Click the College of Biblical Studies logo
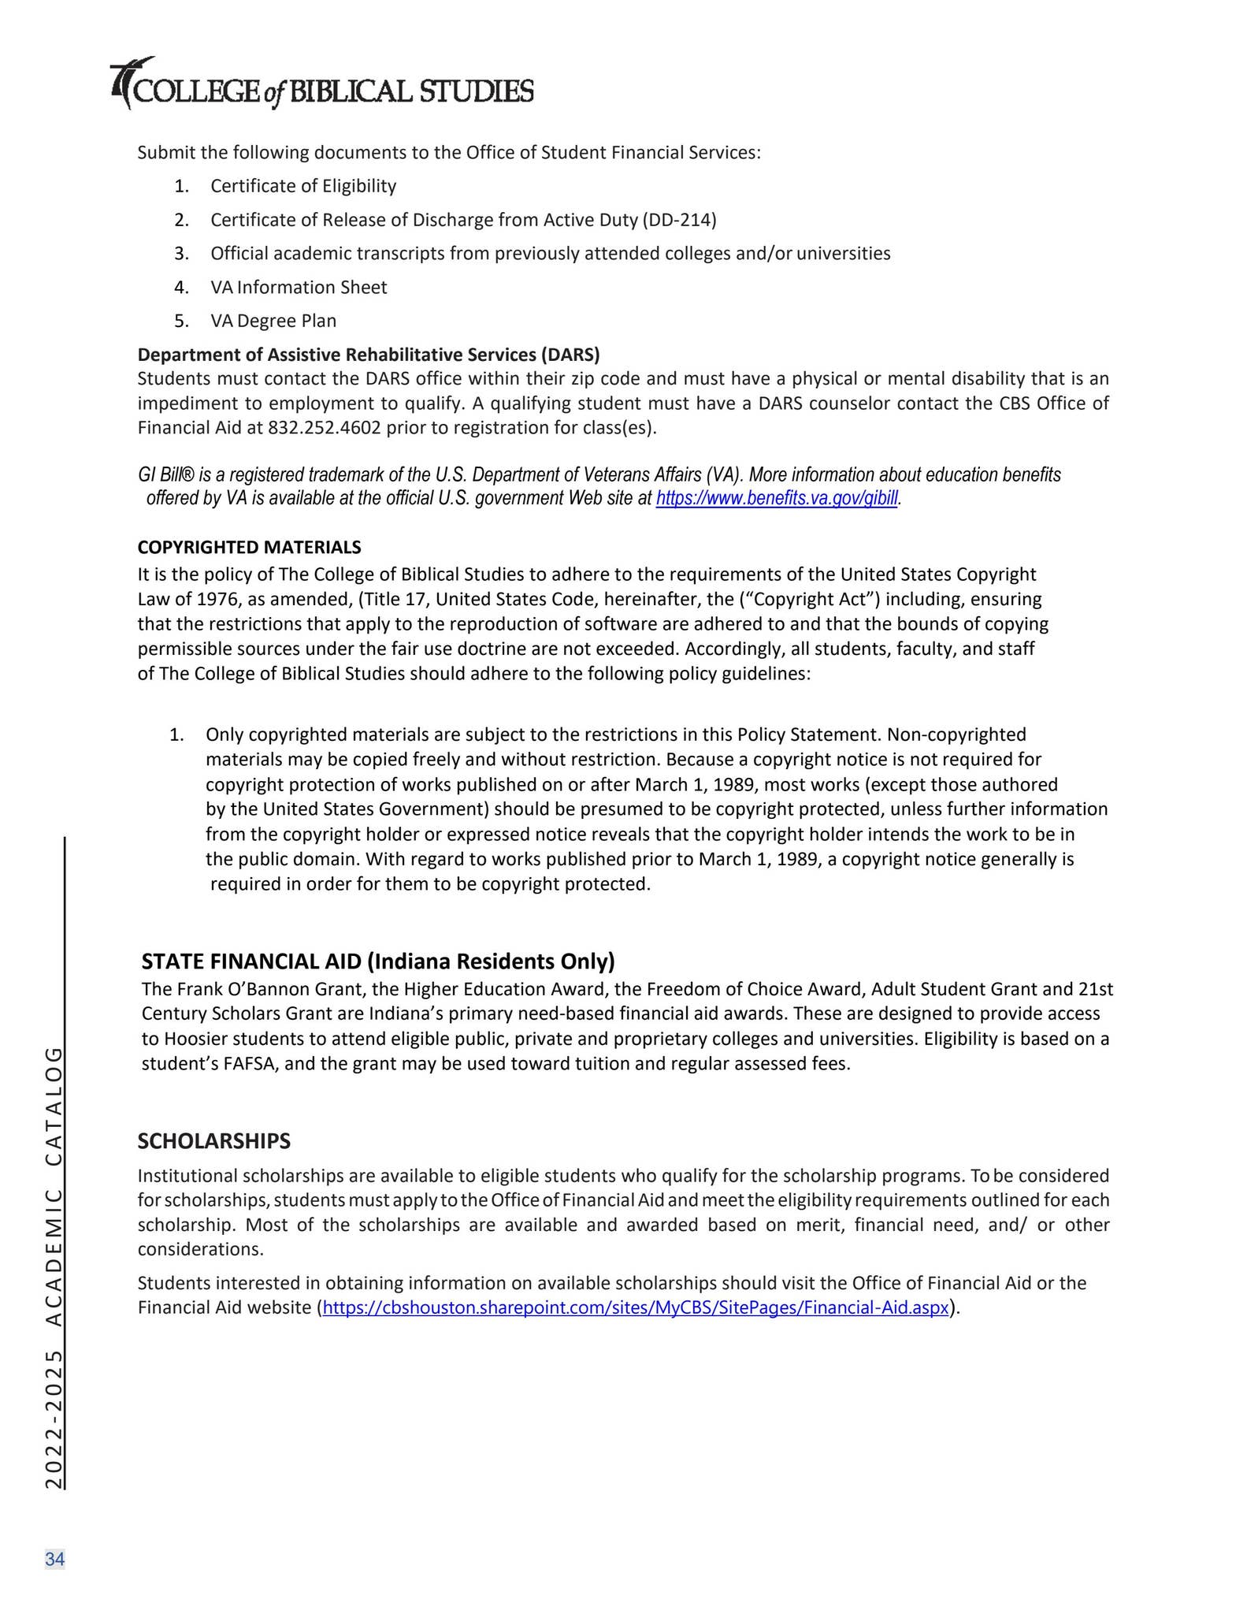coord(321,85)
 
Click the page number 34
coord(54,1559)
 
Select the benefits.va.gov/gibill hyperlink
coord(776,499)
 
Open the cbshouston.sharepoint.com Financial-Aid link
coord(635,1307)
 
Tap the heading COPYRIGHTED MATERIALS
coord(249,547)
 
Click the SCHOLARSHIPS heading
coord(213,1140)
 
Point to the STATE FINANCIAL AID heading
coord(377,961)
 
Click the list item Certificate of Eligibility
coord(302,186)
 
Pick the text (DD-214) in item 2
coord(679,220)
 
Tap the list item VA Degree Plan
coord(273,321)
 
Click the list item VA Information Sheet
coord(298,287)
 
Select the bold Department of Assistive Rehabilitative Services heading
coord(368,354)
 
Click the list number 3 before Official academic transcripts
coord(180,254)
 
